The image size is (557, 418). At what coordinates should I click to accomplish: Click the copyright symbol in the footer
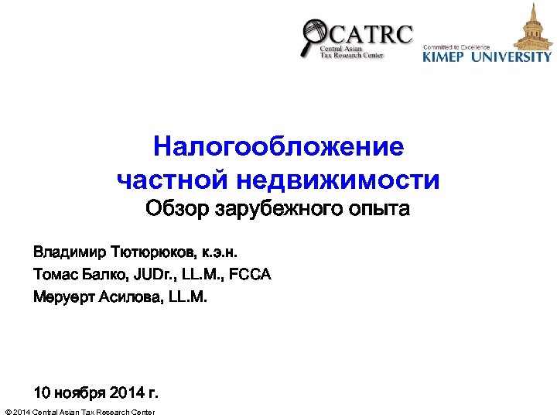(8, 412)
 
